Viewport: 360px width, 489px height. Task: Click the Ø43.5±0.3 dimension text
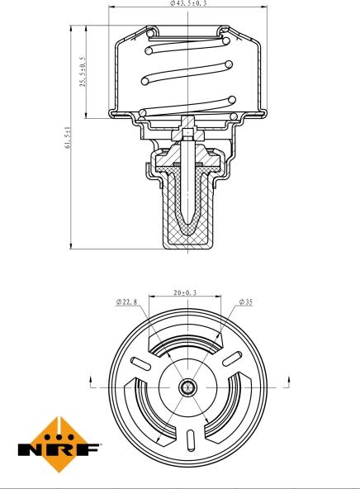point(183,4)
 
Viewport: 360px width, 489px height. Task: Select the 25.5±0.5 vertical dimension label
point(82,72)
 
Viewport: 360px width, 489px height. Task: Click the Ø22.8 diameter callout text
point(127,302)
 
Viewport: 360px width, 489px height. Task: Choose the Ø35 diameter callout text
point(245,302)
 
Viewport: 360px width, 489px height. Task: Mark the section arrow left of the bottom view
point(89,381)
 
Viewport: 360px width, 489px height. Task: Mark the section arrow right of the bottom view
point(288,381)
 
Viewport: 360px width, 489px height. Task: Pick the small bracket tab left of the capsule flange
point(149,171)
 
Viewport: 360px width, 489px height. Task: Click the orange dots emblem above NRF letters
point(59,430)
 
